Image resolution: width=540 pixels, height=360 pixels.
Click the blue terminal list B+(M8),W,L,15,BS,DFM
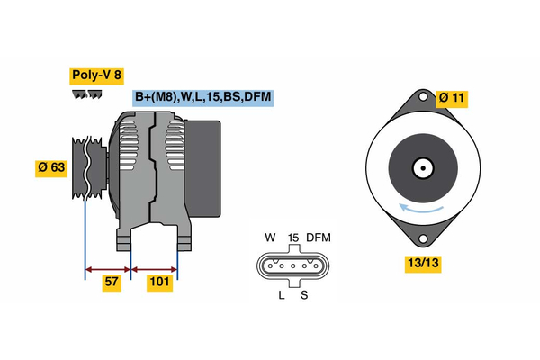point(202,97)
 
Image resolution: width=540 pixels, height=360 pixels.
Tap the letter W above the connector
point(269,238)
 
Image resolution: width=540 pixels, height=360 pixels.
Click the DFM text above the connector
point(319,238)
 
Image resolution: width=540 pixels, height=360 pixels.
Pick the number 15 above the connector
point(292,238)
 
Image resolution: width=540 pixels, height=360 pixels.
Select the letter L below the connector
point(282,294)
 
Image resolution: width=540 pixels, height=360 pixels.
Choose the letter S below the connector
point(304,294)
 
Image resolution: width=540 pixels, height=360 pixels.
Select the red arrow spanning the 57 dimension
point(108,268)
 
